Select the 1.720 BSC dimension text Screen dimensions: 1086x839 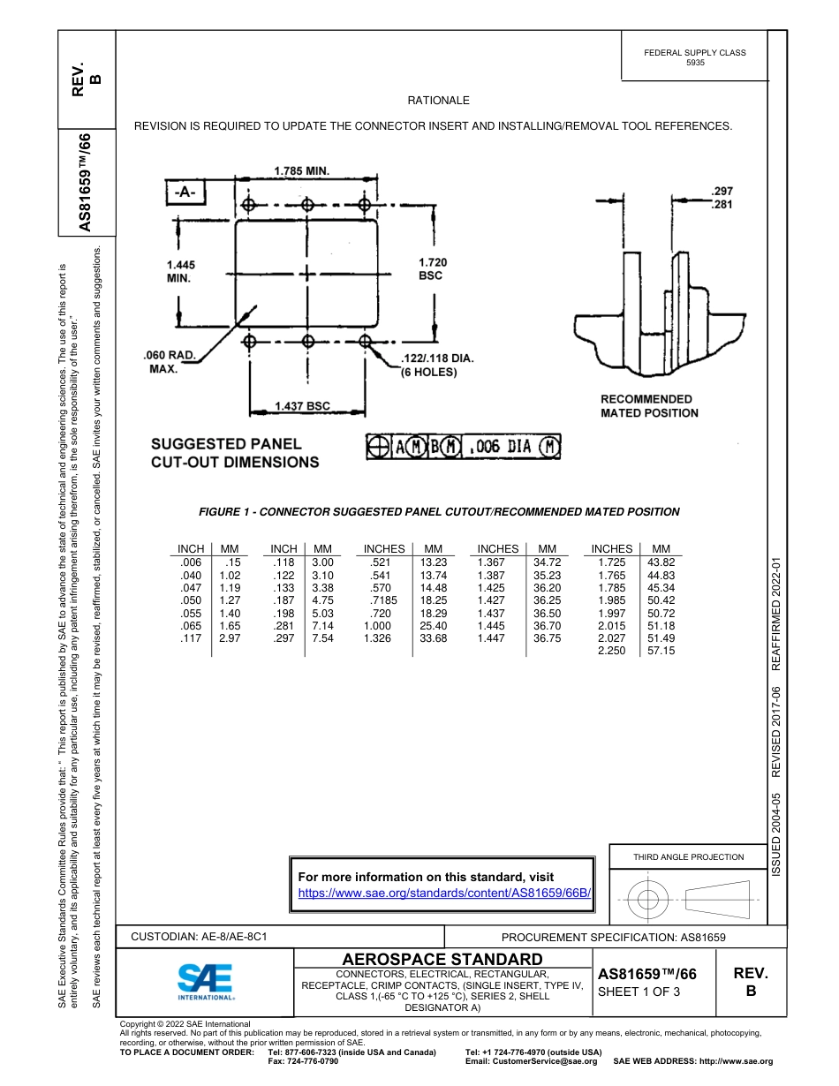coord(432,268)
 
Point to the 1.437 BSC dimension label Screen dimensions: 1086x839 coord(301,405)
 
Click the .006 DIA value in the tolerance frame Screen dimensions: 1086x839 coord(500,447)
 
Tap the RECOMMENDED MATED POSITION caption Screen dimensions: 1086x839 coord(649,406)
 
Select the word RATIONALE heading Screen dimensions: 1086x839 coord(438,101)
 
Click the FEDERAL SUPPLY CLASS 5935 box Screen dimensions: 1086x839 coord(694,57)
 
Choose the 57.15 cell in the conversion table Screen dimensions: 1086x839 coord(661,651)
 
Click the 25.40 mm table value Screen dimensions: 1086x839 coord(433,625)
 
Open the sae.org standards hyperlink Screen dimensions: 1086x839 coord(444,893)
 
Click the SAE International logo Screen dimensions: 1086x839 coord(206,980)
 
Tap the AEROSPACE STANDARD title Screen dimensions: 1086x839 coord(442,959)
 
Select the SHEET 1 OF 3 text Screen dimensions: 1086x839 coord(639,991)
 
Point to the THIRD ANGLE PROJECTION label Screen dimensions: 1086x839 coord(688,856)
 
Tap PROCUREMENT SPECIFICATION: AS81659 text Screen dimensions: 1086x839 coord(613,938)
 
